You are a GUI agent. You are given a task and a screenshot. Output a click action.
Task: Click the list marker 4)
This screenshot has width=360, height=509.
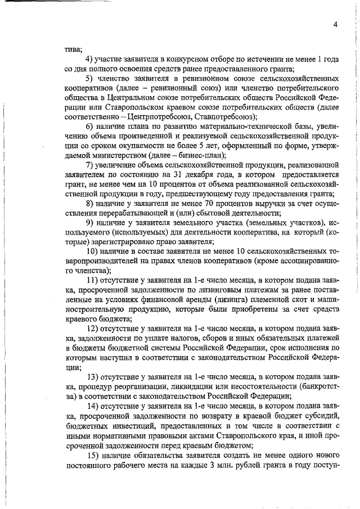point(89,60)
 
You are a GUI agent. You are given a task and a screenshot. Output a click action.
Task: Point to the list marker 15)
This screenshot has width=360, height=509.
point(92,454)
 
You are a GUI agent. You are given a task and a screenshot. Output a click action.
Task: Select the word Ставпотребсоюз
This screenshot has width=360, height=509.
point(224,116)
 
